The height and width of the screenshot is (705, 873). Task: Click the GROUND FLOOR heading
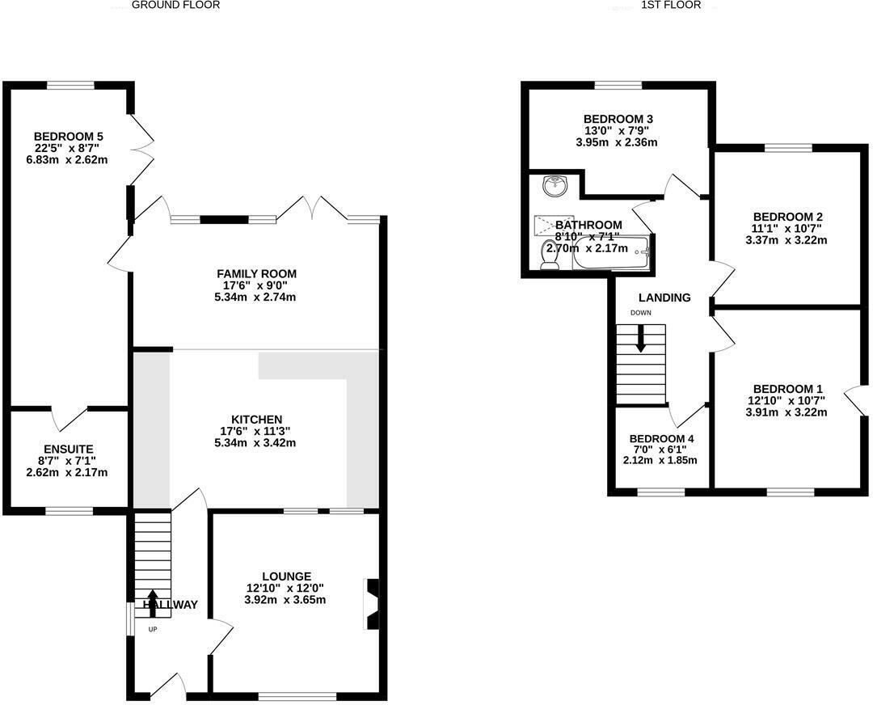point(175,5)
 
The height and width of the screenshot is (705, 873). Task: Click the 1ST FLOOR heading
point(670,5)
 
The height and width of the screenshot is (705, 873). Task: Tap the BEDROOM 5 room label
point(68,136)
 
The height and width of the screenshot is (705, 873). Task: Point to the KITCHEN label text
point(256,419)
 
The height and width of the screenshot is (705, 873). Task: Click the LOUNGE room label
point(285,576)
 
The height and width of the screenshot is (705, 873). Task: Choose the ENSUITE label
point(69,449)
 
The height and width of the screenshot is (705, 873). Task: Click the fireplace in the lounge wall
point(373,603)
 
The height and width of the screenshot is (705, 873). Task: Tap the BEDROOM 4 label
point(661,439)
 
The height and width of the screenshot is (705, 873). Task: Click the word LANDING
point(664,298)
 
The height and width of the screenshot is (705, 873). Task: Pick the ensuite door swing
point(70,418)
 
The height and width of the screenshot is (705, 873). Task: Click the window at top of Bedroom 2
point(788,147)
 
